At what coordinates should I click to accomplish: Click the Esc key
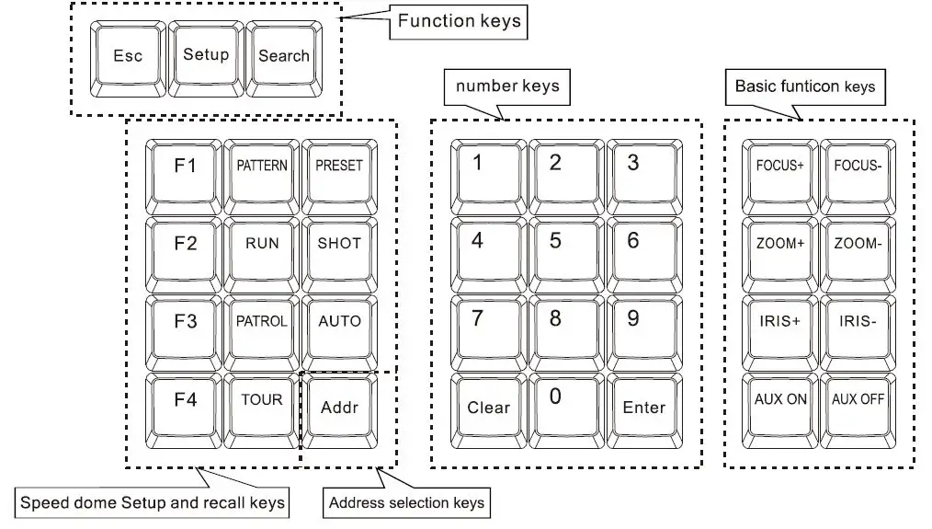click(x=128, y=57)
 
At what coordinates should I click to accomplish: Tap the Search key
click(x=283, y=57)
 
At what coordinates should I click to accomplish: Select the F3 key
click(x=185, y=323)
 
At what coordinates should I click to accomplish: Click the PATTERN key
click(x=262, y=167)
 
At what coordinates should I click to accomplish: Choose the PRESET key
click(x=339, y=167)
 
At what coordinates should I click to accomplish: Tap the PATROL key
click(x=262, y=323)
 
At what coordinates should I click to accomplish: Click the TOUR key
click(x=262, y=401)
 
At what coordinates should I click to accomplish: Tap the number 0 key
click(x=554, y=401)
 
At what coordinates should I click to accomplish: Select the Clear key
click(x=488, y=408)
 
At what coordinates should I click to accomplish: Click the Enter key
click(x=643, y=408)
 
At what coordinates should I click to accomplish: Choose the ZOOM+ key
click(x=780, y=245)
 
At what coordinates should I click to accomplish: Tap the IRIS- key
click(x=858, y=323)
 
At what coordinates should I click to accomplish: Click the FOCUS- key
click(x=858, y=167)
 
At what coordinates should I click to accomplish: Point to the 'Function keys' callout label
click(x=459, y=22)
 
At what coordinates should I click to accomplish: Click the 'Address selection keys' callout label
click(x=406, y=503)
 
